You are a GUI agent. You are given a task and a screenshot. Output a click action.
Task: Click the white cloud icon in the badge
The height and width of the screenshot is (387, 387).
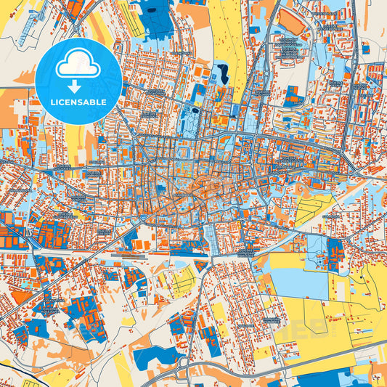(x=78, y=63)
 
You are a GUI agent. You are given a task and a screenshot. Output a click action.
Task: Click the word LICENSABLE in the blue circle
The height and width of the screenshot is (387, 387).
(x=78, y=102)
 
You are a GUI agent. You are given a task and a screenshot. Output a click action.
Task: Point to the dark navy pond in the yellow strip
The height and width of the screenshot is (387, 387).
(x=221, y=73)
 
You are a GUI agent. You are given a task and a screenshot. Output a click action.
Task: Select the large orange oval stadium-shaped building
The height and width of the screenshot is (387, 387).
(x=293, y=24)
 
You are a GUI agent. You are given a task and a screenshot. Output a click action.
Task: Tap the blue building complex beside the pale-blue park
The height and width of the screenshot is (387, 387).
(x=335, y=253)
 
